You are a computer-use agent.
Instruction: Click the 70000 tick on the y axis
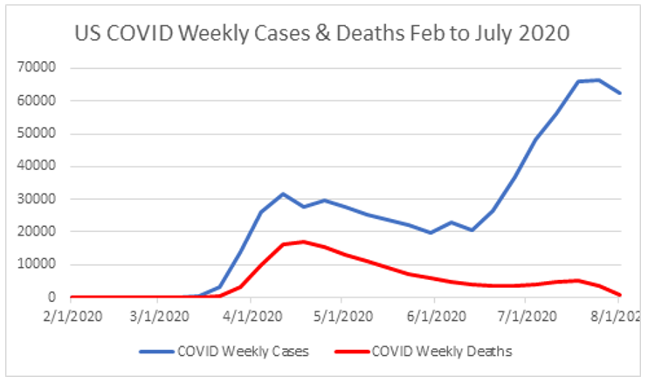click(x=39, y=68)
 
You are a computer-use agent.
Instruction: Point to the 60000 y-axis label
click(x=39, y=101)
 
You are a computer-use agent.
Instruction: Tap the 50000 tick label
click(x=39, y=133)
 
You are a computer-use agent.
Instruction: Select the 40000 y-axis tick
click(x=39, y=167)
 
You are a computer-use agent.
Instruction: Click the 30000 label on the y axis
click(x=39, y=199)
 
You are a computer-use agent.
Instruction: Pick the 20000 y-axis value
click(x=39, y=232)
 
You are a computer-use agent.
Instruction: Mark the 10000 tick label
click(x=39, y=264)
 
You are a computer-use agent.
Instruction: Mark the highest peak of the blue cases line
click(x=598, y=80)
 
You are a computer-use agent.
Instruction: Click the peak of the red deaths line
click(x=302, y=242)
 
